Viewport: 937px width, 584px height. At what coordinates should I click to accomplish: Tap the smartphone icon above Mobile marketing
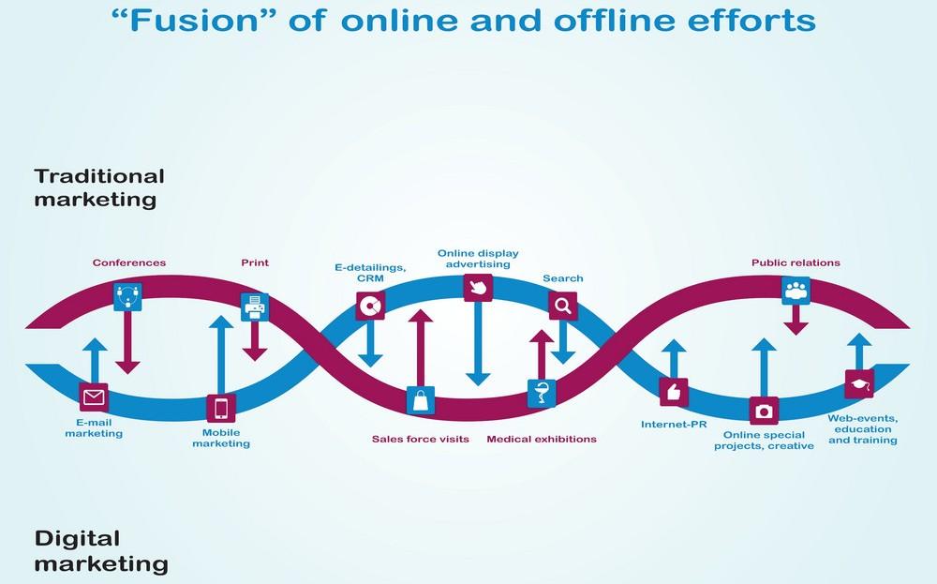(x=221, y=409)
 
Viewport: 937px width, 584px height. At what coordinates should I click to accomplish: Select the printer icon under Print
(x=254, y=305)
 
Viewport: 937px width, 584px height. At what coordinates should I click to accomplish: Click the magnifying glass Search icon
(x=562, y=305)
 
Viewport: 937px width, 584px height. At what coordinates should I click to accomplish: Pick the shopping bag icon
(x=421, y=400)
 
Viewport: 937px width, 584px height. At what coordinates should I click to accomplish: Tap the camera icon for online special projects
(x=764, y=411)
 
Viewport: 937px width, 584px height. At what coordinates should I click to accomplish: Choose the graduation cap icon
(x=858, y=384)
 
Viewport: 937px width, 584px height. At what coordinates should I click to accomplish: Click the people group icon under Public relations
(x=796, y=290)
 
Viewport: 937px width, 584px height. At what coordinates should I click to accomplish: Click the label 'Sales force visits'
(x=420, y=439)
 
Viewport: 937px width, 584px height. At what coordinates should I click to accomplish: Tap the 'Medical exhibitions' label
(x=542, y=439)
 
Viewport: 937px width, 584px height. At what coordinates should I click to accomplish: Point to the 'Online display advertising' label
(x=478, y=259)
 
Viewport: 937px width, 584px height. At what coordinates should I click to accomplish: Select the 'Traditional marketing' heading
(x=99, y=187)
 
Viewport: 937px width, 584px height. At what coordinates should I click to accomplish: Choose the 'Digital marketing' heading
(x=101, y=551)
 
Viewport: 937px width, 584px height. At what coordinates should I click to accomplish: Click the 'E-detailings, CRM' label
(x=370, y=272)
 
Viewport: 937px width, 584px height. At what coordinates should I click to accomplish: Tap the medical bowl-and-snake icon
(x=542, y=394)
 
